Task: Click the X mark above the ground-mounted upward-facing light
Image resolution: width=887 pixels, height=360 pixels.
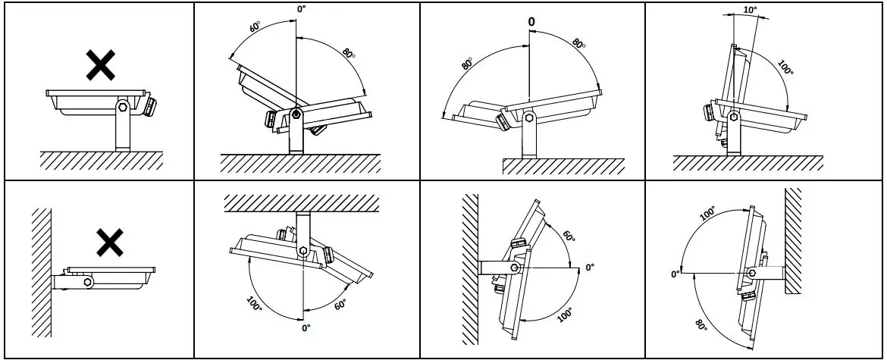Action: point(100,66)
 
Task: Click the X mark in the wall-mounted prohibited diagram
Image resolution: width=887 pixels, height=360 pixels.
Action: point(111,243)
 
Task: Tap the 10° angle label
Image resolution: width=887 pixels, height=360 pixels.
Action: point(750,11)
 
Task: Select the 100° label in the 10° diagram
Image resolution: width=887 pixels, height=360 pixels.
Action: point(785,67)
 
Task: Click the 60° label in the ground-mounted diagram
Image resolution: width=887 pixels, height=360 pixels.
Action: point(255,26)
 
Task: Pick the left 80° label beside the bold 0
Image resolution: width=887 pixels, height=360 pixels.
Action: point(466,64)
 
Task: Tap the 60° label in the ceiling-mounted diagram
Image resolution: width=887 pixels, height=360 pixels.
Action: point(340,305)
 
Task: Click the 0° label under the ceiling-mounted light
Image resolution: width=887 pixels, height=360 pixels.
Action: point(306,328)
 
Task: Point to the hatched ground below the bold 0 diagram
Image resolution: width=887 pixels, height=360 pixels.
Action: point(563,167)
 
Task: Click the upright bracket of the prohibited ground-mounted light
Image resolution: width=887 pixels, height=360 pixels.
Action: point(122,129)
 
